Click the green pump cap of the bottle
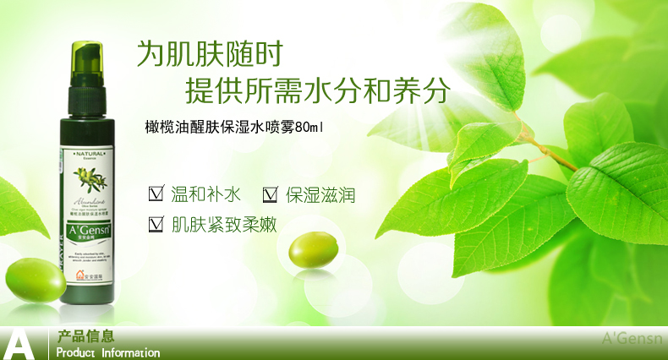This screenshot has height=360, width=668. click(86, 63)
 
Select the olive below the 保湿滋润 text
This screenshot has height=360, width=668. click(314, 251)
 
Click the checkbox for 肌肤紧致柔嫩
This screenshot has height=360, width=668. click(156, 225)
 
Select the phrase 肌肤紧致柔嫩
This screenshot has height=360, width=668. click(224, 224)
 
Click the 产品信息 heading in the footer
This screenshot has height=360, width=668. click(86, 335)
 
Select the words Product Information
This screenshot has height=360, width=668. click(108, 352)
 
